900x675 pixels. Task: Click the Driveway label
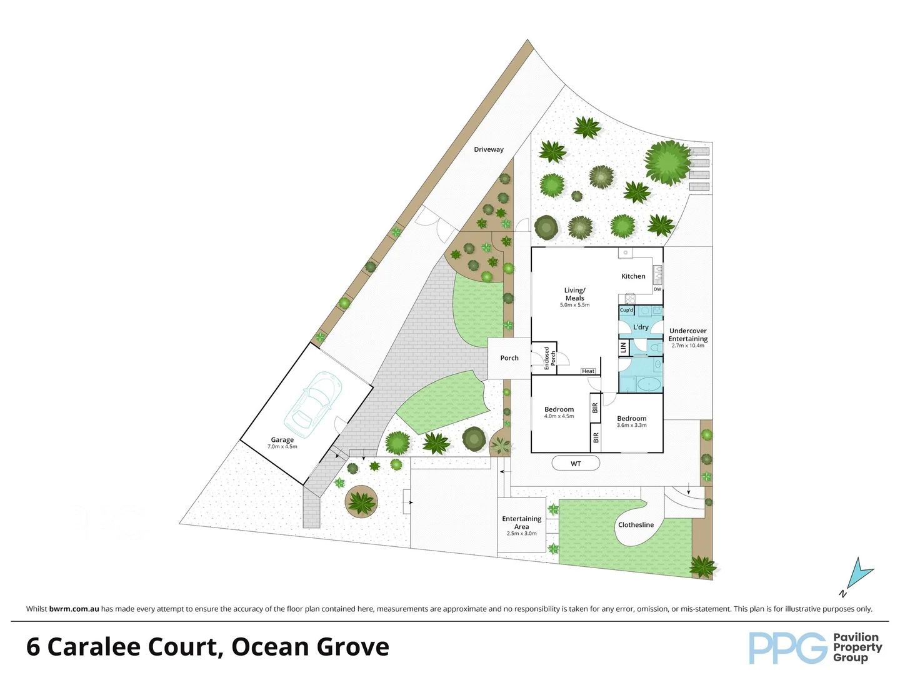[x=488, y=149]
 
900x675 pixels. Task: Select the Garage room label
[x=282, y=441]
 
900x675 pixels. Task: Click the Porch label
[x=509, y=358]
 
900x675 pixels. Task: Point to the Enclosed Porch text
[x=550, y=359]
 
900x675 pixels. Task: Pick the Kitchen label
[x=633, y=276]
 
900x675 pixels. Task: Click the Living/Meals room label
[x=574, y=294]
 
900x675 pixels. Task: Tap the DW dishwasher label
[x=657, y=289]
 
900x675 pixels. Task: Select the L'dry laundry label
[x=641, y=327]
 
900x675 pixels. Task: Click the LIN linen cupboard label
[x=623, y=347]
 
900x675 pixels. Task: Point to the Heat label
[x=588, y=371]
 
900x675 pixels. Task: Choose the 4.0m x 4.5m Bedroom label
[x=559, y=412]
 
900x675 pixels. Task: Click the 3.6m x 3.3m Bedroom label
[x=631, y=421]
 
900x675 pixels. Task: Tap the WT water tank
[x=576, y=463]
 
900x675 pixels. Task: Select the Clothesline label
[x=636, y=525]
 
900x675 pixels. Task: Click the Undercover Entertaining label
[x=687, y=336]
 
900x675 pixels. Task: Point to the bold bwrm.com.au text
[x=74, y=609]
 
